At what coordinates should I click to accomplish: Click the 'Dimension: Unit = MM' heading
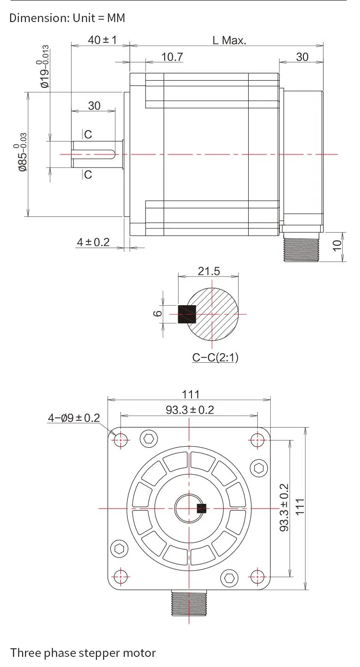(x=67, y=18)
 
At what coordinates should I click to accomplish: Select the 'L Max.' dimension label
(x=229, y=40)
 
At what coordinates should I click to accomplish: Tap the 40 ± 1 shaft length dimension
(x=102, y=39)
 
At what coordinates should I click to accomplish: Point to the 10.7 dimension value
(x=172, y=57)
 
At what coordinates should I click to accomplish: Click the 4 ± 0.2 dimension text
(x=93, y=242)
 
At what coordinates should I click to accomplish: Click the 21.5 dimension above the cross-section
(x=209, y=271)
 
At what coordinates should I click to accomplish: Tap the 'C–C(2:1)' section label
(x=215, y=357)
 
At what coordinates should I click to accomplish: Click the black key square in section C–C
(x=187, y=314)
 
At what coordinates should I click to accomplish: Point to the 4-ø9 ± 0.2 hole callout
(x=73, y=418)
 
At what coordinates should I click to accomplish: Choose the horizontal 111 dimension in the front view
(x=190, y=394)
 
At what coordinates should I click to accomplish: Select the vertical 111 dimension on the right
(x=300, y=507)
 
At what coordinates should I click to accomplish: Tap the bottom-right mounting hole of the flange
(x=258, y=576)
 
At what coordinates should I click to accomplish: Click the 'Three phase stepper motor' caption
(x=83, y=653)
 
